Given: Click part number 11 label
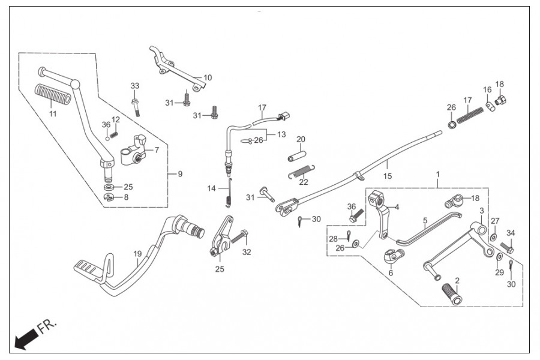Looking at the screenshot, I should pyautogui.click(x=53, y=114).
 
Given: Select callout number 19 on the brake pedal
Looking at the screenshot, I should pyautogui.click(x=137, y=254).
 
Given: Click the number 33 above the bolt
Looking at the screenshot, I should pyautogui.click(x=134, y=86).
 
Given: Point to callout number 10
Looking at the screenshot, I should pyautogui.click(x=208, y=78).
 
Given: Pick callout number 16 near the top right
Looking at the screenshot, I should pyautogui.click(x=487, y=90).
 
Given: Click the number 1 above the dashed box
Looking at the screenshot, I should pyautogui.click(x=437, y=174).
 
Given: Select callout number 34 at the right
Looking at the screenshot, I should pyautogui.click(x=511, y=233).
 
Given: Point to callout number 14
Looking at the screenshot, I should pyautogui.click(x=211, y=188).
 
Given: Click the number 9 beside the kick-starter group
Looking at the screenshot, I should pyautogui.click(x=179, y=175).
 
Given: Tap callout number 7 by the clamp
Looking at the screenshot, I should pyautogui.click(x=157, y=150).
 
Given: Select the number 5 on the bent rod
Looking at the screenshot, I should pyautogui.click(x=425, y=220).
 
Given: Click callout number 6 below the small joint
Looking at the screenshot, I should pyautogui.click(x=391, y=272).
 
